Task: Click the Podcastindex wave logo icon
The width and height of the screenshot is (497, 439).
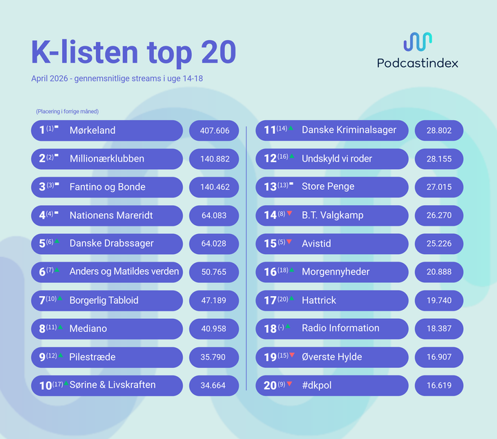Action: click(x=418, y=41)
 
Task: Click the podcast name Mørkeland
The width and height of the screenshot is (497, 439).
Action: click(x=92, y=130)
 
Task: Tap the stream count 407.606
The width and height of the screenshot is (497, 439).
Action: click(x=215, y=130)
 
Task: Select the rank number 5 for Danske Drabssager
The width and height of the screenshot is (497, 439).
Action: click(x=42, y=244)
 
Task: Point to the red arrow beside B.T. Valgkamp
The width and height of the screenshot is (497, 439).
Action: click(x=289, y=213)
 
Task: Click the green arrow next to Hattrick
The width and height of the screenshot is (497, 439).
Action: click(x=291, y=298)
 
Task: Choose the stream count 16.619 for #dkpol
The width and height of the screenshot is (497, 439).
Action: click(x=439, y=385)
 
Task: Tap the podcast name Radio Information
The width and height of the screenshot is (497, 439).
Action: click(x=340, y=328)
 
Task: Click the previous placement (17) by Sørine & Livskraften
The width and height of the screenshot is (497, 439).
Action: click(x=58, y=384)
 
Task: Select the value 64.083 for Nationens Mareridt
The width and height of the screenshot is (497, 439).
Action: click(x=214, y=215)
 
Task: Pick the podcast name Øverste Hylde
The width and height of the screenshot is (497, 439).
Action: click(x=332, y=357)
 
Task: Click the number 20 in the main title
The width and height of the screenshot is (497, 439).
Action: click(x=219, y=52)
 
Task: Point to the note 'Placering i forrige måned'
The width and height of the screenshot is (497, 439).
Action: click(x=67, y=112)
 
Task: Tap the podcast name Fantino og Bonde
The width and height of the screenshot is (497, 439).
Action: click(x=108, y=187)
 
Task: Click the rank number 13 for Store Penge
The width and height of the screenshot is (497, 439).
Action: click(x=271, y=187)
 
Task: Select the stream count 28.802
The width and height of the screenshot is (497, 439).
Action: click(x=439, y=130)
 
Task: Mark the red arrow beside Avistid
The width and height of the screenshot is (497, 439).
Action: click(x=289, y=242)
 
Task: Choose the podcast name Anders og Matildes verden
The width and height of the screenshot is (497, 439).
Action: click(x=124, y=272)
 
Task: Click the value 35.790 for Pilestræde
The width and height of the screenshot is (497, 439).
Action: click(x=213, y=358)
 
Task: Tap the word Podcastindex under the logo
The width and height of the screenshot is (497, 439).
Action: click(x=418, y=63)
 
